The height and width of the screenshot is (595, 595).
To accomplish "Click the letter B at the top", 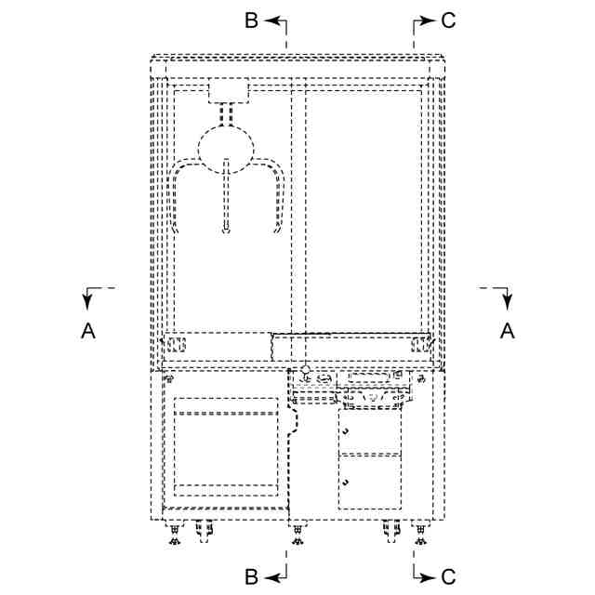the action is [251, 20].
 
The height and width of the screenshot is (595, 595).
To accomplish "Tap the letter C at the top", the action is [448, 20].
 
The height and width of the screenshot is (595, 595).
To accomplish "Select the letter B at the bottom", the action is [251, 577].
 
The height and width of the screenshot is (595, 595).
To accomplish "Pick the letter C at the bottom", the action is [448, 577].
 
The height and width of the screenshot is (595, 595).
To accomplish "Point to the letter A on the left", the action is [88, 329].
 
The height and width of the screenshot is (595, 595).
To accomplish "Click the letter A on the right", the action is [507, 329].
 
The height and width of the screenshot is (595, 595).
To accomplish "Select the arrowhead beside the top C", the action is [429, 20].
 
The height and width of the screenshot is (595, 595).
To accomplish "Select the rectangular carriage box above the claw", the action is [228, 90].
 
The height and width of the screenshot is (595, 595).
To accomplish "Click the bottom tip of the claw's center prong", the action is [226, 232].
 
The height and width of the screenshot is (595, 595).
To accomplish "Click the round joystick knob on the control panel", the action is [304, 370].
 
